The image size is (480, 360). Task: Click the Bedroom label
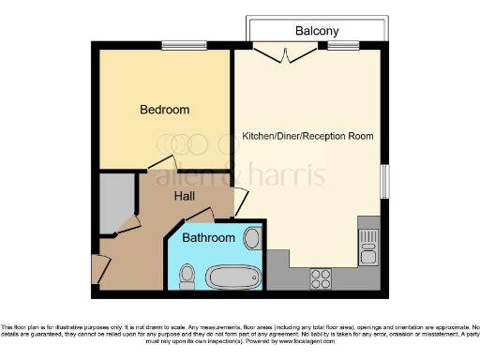click(164, 110)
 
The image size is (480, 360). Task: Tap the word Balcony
click(316, 30)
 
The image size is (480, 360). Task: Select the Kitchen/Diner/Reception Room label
click(307, 136)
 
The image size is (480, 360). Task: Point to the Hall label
click(186, 196)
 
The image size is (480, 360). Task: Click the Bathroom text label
click(208, 238)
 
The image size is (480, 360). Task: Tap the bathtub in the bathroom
click(231, 276)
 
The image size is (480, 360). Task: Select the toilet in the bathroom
click(187, 275)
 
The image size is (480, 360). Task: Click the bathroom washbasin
click(251, 237)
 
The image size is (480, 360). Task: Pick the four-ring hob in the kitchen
click(321, 278)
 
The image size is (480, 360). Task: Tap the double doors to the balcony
click(283, 52)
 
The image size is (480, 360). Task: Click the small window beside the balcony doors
click(344, 45)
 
